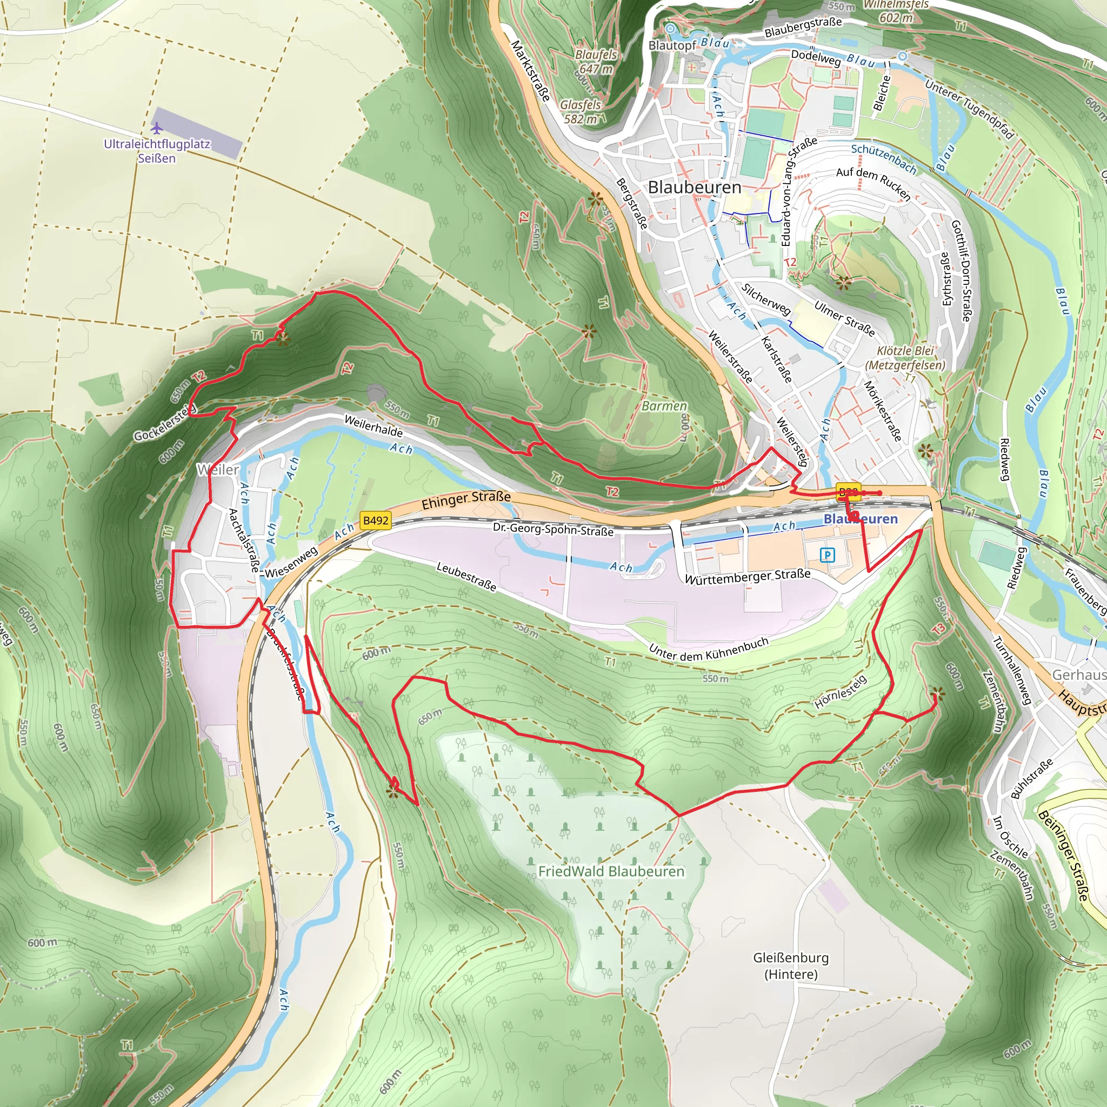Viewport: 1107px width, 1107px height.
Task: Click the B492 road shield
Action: (376, 521)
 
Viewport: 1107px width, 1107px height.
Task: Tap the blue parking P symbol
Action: (827, 555)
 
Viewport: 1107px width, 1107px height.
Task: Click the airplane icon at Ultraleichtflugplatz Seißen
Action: (157, 127)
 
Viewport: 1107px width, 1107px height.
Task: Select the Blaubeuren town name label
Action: (695, 188)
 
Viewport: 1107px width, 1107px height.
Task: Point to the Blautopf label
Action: (672, 45)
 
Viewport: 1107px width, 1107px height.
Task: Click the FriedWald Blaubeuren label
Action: (611, 871)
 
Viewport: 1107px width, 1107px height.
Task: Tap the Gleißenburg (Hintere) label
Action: (791, 965)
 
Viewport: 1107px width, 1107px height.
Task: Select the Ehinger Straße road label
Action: (466, 499)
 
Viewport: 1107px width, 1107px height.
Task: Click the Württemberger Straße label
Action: (747, 576)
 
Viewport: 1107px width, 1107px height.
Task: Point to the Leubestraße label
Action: (466, 576)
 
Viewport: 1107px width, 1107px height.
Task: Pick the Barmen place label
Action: (664, 406)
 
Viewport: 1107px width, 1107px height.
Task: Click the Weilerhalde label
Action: (374, 426)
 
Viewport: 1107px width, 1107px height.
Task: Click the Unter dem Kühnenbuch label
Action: (708, 649)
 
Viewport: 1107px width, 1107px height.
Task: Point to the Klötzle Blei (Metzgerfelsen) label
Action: (905, 357)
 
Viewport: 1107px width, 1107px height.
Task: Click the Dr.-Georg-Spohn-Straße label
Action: (553, 529)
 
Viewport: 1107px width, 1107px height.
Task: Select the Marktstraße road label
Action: (531, 70)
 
